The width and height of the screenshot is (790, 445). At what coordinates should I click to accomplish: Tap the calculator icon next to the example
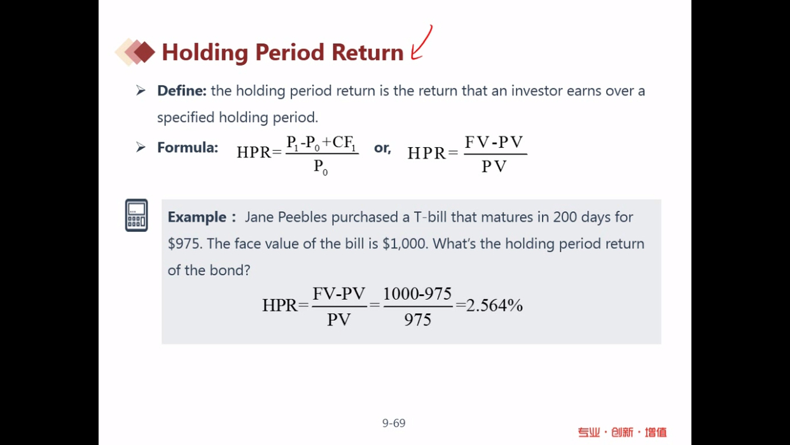[137, 215]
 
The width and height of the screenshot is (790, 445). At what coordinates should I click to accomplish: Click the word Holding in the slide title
[205, 53]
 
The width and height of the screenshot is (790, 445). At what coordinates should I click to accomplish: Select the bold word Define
[182, 90]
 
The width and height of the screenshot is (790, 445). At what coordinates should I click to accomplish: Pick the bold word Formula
[188, 148]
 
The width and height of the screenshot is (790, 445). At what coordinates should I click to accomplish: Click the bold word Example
[197, 217]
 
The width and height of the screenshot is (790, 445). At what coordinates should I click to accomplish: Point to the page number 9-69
[394, 423]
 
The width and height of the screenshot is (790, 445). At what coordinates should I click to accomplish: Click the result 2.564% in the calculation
[494, 305]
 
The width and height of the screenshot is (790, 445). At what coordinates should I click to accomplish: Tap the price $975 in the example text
[185, 244]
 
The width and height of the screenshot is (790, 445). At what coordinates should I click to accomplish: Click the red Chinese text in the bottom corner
[623, 432]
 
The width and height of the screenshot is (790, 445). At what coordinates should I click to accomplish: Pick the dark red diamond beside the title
[144, 52]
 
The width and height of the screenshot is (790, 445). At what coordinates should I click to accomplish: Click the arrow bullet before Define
[141, 90]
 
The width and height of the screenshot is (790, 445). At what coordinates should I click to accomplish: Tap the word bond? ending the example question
[230, 271]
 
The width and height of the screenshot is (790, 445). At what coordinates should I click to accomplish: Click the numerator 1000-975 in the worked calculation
[417, 293]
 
